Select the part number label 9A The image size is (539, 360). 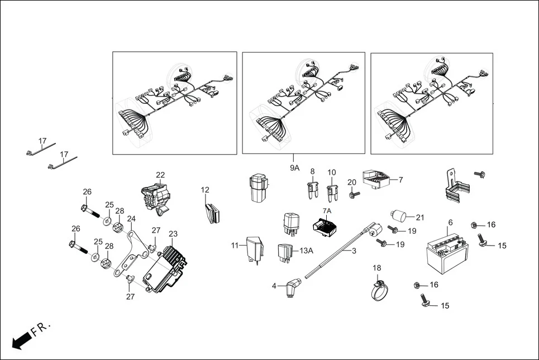click(294, 167)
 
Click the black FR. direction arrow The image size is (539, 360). click(21, 339)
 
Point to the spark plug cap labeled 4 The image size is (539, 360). click(291, 289)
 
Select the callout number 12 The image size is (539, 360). click(205, 190)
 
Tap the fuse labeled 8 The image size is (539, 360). click(313, 191)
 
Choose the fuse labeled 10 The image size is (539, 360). click(333, 193)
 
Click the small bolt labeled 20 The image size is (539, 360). click(354, 195)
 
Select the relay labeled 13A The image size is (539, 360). click(286, 252)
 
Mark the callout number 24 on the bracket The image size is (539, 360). click(131, 219)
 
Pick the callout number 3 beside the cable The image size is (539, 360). click(353, 251)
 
